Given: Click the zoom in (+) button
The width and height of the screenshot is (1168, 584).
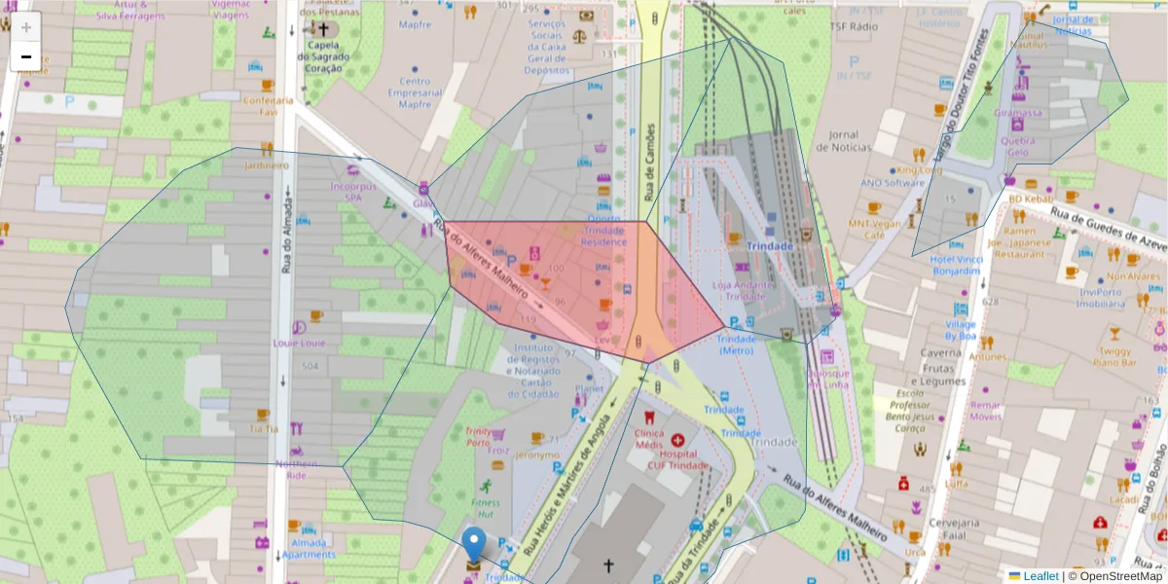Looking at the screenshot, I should click(26, 27).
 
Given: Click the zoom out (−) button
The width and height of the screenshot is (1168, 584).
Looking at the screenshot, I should click(26, 56).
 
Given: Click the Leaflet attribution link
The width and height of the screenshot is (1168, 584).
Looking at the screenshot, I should click(1040, 575).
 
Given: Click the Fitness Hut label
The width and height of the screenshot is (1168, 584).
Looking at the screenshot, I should click(484, 508).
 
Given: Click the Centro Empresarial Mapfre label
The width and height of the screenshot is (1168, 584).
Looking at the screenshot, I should click(415, 92).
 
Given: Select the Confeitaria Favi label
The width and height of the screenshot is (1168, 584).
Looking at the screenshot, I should click(261, 105).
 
